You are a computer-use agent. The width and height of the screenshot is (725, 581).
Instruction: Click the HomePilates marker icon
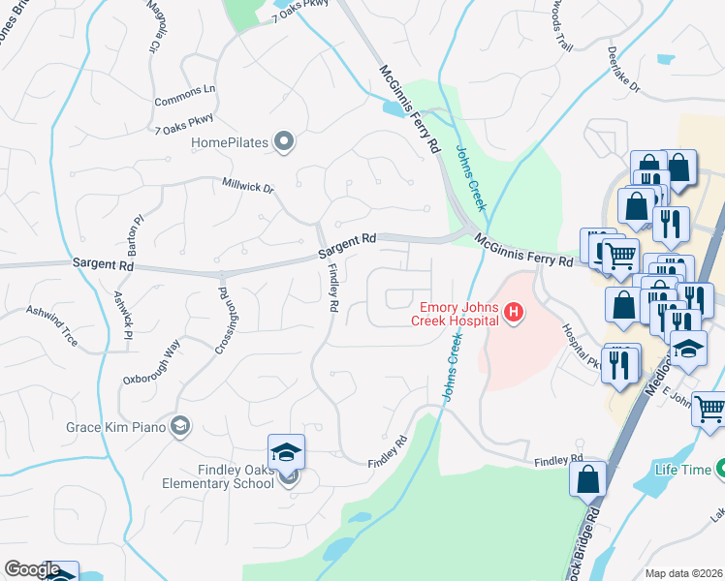pos(284,143)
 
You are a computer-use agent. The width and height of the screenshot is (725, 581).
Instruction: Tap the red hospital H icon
pos(514,313)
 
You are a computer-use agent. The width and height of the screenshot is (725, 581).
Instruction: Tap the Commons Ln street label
pos(184,95)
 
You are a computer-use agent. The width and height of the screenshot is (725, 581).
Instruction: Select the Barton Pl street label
pos(137,232)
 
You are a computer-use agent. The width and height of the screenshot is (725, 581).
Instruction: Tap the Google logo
pos(32,569)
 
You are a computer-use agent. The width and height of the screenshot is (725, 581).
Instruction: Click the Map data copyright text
pos(684,573)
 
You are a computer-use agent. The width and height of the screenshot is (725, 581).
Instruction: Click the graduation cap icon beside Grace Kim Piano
pos(179,426)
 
